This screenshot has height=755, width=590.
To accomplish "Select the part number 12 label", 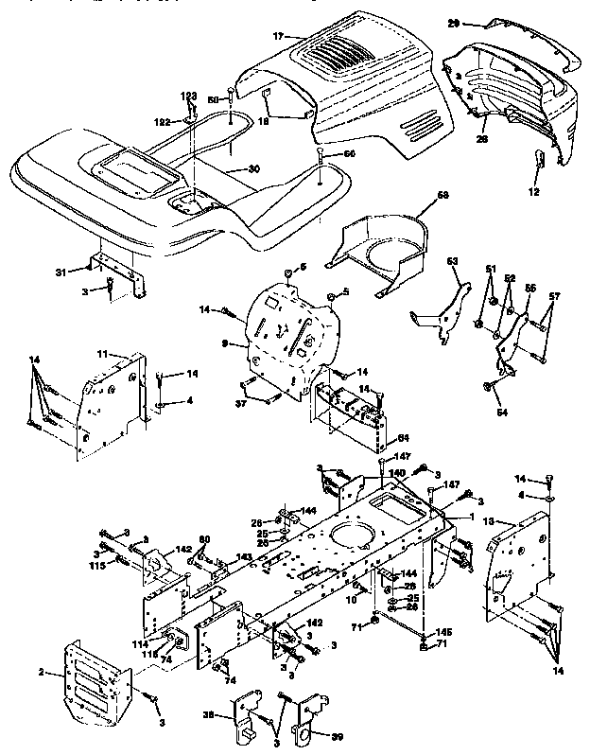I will [533, 193].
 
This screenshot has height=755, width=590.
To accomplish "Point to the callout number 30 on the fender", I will [226, 169].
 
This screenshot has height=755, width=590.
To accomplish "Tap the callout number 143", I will [245, 557].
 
